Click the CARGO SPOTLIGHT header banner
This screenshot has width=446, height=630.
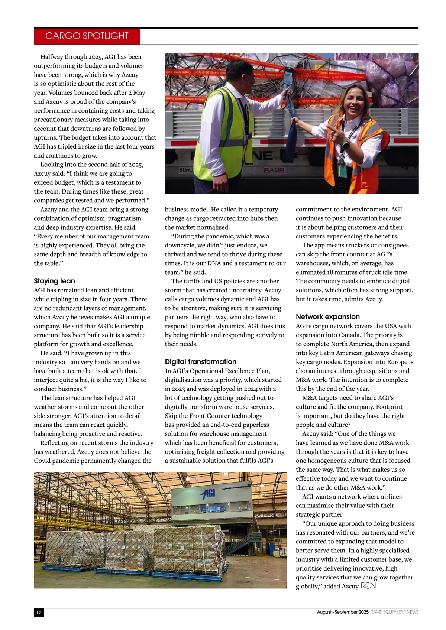[x=87, y=36]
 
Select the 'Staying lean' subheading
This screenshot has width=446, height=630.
[x=55, y=281]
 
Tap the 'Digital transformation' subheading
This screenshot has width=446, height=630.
[x=201, y=361]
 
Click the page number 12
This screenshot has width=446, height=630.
[x=39, y=613]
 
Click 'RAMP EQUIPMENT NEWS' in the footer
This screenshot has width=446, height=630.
[x=394, y=612]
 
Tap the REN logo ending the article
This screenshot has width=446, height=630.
[x=369, y=586]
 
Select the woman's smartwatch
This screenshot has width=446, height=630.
[x=346, y=144]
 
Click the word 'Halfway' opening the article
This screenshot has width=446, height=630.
[x=51, y=57]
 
